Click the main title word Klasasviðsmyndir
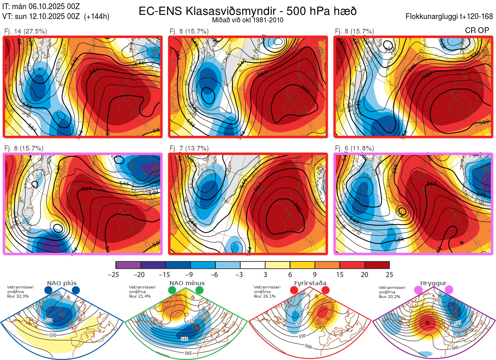click(x=215, y=11)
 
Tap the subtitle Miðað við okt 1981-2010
click(x=248, y=20)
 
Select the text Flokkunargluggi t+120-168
click(x=450, y=17)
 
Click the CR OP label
click(x=477, y=31)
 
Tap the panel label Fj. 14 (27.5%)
click(x=25, y=31)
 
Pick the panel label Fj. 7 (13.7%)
click(x=189, y=148)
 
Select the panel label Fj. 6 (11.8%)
click(x=354, y=148)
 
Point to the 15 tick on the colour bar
click(x=340, y=274)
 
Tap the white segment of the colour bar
click(x=253, y=265)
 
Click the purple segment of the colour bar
click(x=129, y=265)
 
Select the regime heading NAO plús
click(x=62, y=283)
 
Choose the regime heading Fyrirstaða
click(x=310, y=283)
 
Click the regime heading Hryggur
click(x=434, y=283)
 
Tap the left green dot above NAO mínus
click(x=172, y=291)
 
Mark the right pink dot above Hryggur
click(x=448, y=291)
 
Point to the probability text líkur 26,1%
click(x=265, y=296)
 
